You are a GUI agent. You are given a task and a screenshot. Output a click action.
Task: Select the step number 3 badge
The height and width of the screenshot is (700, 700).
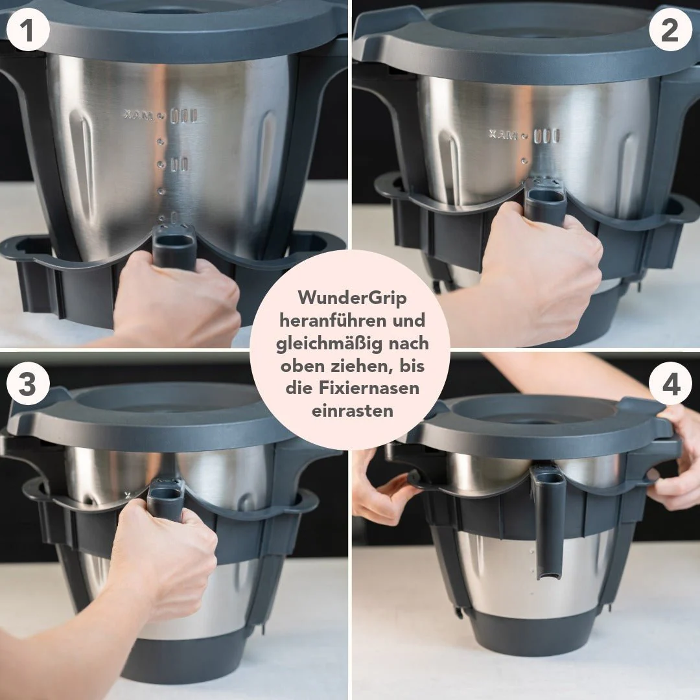click(x=28, y=384)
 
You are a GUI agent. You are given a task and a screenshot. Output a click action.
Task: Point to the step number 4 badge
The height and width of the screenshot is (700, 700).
click(x=670, y=384)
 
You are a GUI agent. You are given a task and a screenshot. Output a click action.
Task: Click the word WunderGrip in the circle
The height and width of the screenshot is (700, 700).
click(x=352, y=297)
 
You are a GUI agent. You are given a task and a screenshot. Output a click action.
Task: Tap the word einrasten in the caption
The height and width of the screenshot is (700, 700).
click(x=352, y=410)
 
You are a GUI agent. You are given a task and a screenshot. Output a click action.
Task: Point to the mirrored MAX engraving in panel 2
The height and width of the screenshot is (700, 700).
click(x=503, y=134)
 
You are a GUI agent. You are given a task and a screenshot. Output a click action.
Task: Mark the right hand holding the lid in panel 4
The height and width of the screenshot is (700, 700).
click(x=675, y=460)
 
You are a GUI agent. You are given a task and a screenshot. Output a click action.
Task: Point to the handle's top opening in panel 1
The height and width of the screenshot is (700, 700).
click(x=174, y=240)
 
